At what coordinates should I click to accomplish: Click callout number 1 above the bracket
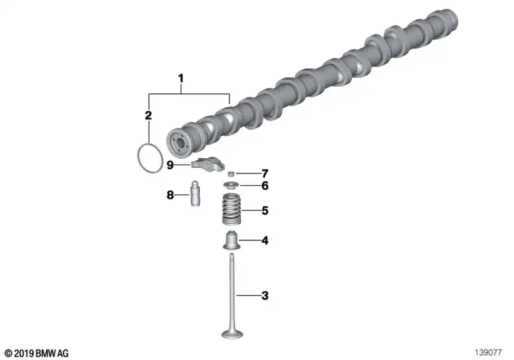[181, 78]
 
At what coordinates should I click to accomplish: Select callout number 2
[148, 116]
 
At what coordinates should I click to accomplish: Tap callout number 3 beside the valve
[265, 296]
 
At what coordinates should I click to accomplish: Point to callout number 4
[265, 240]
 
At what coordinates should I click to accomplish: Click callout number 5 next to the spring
[265, 210]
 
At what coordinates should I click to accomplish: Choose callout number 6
[265, 186]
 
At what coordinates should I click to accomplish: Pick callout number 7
[265, 174]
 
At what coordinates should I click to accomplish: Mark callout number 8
[170, 195]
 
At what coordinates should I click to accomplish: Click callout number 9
[170, 165]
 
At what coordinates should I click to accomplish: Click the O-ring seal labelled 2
[137, 158]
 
